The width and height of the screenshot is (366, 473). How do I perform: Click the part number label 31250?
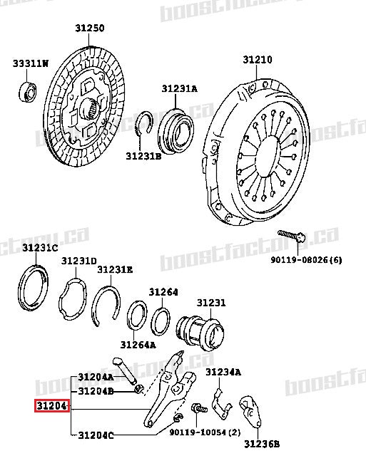pyautogui.click(x=90, y=28)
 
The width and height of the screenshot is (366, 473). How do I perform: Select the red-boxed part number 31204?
pyautogui.click(x=51, y=407)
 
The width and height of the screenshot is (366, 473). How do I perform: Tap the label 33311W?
pyautogui.click(x=30, y=64)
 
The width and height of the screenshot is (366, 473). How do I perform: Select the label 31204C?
pyautogui.click(x=96, y=435)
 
